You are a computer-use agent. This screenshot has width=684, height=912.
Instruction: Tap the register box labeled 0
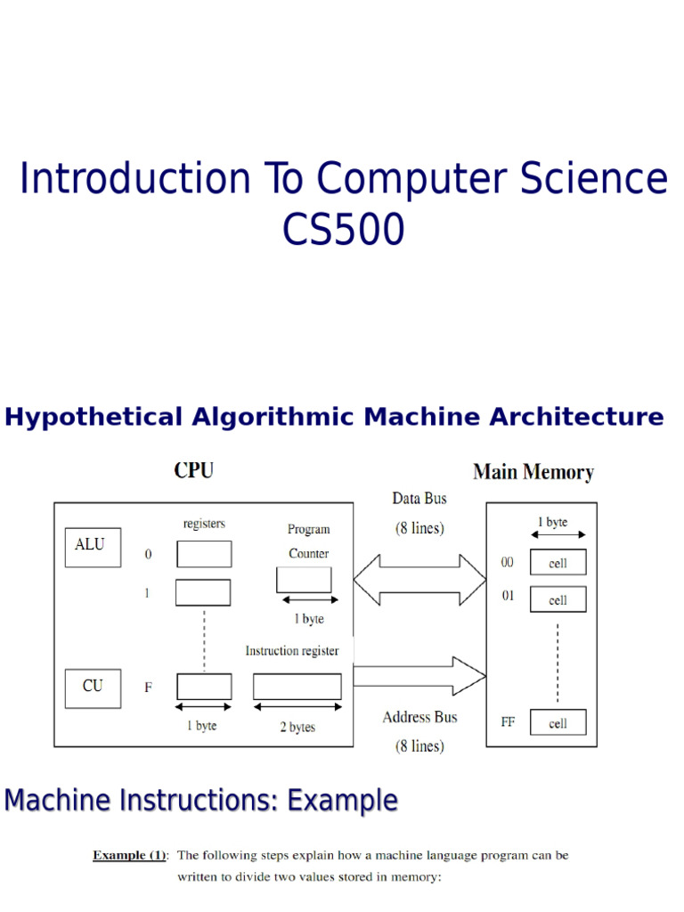click(204, 554)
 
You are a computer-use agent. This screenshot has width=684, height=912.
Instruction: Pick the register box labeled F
click(204, 686)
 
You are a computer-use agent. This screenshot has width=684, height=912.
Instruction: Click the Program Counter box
click(305, 581)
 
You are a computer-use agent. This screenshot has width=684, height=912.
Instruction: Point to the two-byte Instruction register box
click(297, 686)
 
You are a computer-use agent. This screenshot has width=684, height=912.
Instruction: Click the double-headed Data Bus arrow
click(419, 581)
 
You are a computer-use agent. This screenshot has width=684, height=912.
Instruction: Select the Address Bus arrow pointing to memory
click(419, 675)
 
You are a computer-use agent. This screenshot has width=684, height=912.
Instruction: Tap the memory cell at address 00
click(558, 563)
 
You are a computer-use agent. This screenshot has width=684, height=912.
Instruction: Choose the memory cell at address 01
click(558, 599)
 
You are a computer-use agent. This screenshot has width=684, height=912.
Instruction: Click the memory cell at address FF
click(558, 722)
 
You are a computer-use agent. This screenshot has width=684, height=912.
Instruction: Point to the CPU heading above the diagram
click(193, 471)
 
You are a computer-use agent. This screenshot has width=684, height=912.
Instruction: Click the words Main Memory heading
click(533, 472)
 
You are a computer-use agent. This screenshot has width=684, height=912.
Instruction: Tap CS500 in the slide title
click(344, 229)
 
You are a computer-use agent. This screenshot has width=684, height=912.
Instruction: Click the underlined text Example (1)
click(130, 855)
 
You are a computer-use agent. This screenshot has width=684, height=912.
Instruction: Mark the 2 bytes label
click(297, 727)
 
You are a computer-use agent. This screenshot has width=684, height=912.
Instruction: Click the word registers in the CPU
click(204, 525)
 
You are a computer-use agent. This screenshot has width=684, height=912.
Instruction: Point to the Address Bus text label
click(419, 717)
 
